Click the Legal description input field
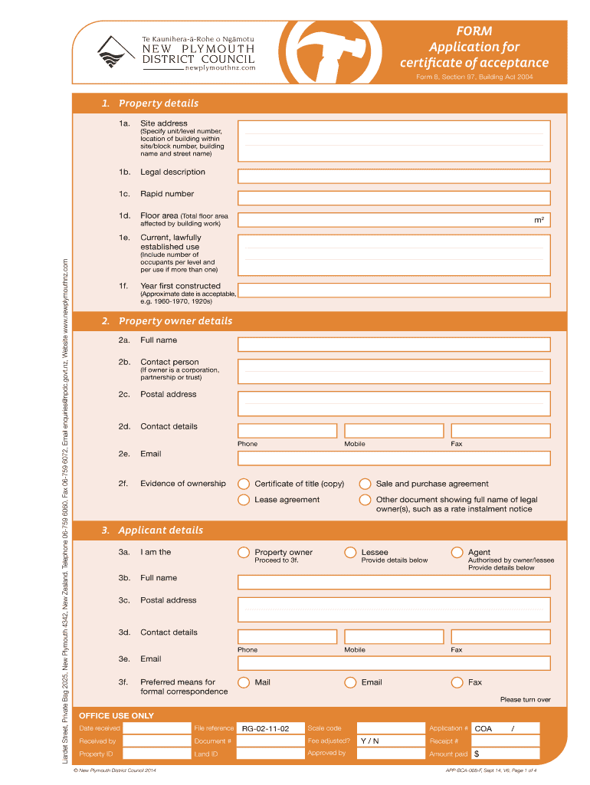tap(394, 176)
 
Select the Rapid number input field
tap(394, 198)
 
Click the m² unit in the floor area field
tap(539, 221)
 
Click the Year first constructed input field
tap(394, 291)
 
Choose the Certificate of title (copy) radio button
tap(244, 484)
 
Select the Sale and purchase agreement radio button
tap(365, 484)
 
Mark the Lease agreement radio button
tap(244, 500)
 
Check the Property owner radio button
tap(244, 552)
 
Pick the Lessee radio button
tap(350, 552)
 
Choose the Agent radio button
tap(457, 552)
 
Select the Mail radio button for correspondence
tap(244, 682)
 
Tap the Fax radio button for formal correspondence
tap(457, 682)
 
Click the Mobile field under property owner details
tap(394, 431)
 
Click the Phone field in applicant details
tap(287, 636)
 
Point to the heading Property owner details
tap(175, 321)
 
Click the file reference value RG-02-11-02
tap(265, 728)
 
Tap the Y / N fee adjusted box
tap(370, 741)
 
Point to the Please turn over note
tap(525, 699)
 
